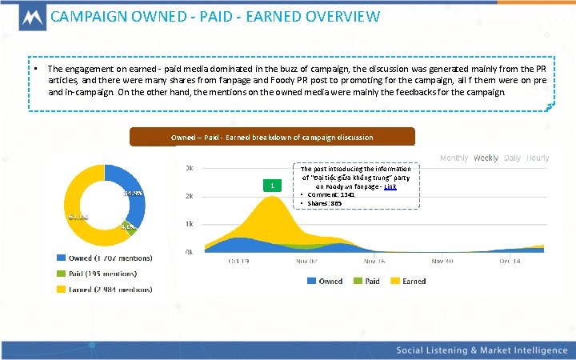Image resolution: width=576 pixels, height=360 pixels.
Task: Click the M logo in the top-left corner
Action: (x=24, y=18)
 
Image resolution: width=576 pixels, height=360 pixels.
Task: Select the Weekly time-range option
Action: (x=486, y=158)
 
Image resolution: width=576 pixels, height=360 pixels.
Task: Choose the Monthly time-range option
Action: (x=454, y=158)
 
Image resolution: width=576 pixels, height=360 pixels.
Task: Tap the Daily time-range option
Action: (x=512, y=158)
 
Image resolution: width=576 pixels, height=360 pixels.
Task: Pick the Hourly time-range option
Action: (x=538, y=158)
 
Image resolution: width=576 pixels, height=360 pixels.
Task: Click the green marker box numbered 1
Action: (x=273, y=186)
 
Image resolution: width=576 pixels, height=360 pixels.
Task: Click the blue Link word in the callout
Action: (x=390, y=186)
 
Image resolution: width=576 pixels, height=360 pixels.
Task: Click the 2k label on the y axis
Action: (x=189, y=196)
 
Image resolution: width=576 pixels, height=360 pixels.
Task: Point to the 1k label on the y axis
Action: (x=189, y=224)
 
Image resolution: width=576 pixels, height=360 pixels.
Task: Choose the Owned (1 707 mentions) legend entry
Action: (x=105, y=258)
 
